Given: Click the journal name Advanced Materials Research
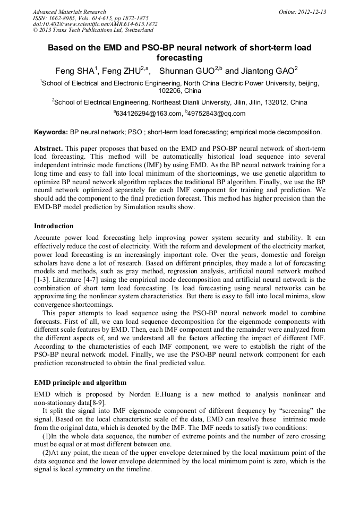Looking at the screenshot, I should [x=69, y=12].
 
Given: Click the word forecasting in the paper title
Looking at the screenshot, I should [x=179, y=57].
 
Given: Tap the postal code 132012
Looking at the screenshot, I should [x=272, y=102].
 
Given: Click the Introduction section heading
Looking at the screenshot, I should [x=54, y=226].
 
